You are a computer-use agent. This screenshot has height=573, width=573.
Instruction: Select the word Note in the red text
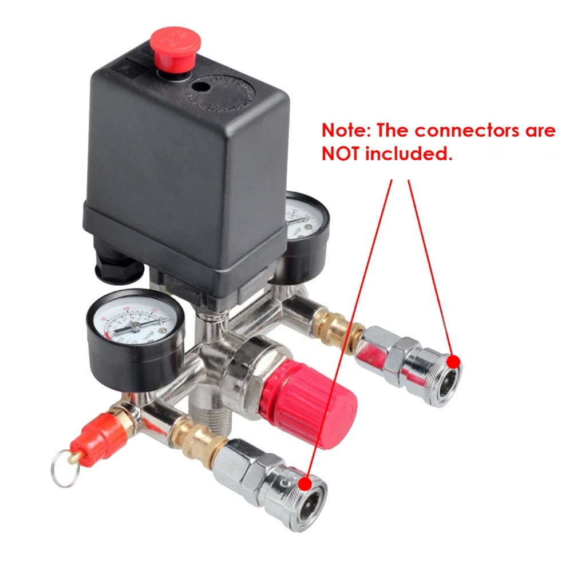coord(344,131)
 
